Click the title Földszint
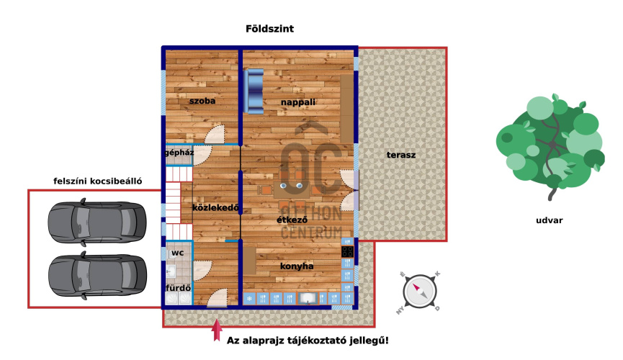(x=270, y=29)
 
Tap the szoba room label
(x=202, y=101)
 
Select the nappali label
(x=298, y=102)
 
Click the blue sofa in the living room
(x=254, y=91)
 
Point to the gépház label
(x=179, y=153)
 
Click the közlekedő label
(x=216, y=207)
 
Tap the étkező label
(x=292, y=220)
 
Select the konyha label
(x=297, y=266)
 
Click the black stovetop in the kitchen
(x=347, y=251)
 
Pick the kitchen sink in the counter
(x=308, y=298)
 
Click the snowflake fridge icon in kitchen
(x=249, y=298)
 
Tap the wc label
(x=178, y=253)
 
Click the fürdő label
(x=178, y=288)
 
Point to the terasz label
(x=401, y=155)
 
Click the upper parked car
(x=97, y=222)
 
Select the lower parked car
(x=97, y=275)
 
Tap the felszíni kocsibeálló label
(x=98, y=181)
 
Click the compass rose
(x=420, y=292)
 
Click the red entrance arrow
(x=217, y=330)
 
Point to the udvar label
(x=550, y=220)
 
